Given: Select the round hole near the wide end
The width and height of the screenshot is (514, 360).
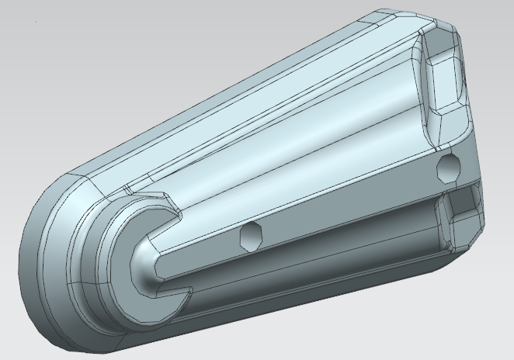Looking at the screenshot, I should [450, 168].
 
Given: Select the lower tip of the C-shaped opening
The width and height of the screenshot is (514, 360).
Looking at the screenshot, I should [185, 295].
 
